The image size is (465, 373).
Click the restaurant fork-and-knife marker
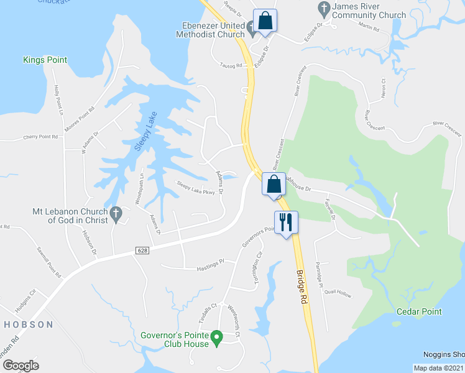(x=286, y=222)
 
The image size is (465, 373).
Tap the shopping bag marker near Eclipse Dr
(x=265, y=20)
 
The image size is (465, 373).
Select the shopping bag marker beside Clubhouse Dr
(x=274, y=183)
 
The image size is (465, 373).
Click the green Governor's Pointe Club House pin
(x=216, y=338)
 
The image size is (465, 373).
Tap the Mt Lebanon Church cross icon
(x=115, y=215)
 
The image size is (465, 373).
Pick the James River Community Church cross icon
(x=323, y=9)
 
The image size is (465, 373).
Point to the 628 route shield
(x=142, y=250)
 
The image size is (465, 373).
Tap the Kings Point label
(x=45, y=60)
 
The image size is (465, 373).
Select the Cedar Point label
(x=420, y=311)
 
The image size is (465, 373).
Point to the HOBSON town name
(x=29, y=325)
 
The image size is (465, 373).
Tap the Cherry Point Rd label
(x=40, y=137)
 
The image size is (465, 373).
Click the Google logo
(x=21, y=365)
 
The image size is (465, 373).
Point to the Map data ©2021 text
(x=438, y=368)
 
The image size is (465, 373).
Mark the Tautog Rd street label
(x=230, y=65)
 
